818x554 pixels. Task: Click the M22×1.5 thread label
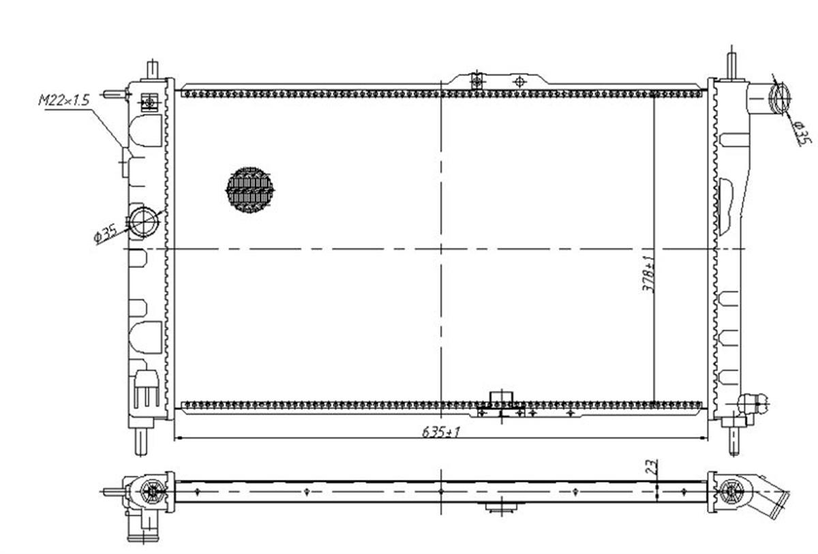64,100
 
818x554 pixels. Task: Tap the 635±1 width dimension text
441,432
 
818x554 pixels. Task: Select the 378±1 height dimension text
648,274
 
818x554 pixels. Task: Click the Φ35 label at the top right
802,134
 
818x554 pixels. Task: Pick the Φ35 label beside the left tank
106,234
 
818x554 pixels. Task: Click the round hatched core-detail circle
249,189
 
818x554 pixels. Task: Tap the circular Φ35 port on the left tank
145,222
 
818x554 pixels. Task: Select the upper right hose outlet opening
779,99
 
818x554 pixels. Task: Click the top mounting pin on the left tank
152,70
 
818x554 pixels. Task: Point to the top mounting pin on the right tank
731,67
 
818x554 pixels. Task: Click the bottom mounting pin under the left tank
141,442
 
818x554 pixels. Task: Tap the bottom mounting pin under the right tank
734,441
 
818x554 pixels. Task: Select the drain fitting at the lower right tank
753,404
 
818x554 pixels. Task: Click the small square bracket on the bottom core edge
502,397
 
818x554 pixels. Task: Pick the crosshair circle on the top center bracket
519,81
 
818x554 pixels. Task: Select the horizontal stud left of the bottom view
114,491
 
